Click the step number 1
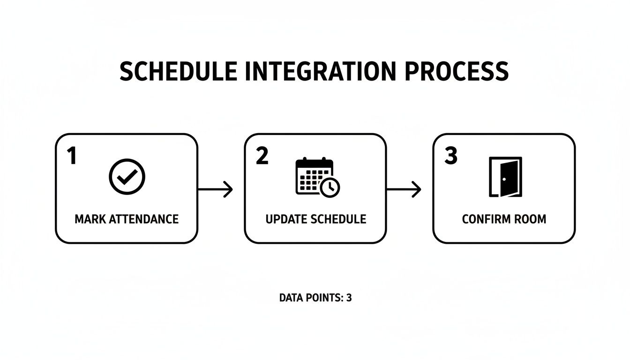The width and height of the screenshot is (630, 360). [x=71, y=156]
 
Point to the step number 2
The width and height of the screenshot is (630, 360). [x=262, y=156]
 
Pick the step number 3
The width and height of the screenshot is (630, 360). [x=450, y=156]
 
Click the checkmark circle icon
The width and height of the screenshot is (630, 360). [x=127, y=177]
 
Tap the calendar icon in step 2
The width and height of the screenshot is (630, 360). [x=313, y=176]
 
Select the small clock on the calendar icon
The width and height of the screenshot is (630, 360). [x=330, y=187]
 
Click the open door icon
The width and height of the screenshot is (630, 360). [x=505, y=177]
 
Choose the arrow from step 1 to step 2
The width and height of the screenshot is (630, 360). [x=216, y=189]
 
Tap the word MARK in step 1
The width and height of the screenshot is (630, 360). [x=90, y=219]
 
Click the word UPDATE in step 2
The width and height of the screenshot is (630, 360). [x=283, y=219]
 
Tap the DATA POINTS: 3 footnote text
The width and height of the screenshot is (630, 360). [x=315, y=298]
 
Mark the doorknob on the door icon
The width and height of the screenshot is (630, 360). [x=504, y=179]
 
